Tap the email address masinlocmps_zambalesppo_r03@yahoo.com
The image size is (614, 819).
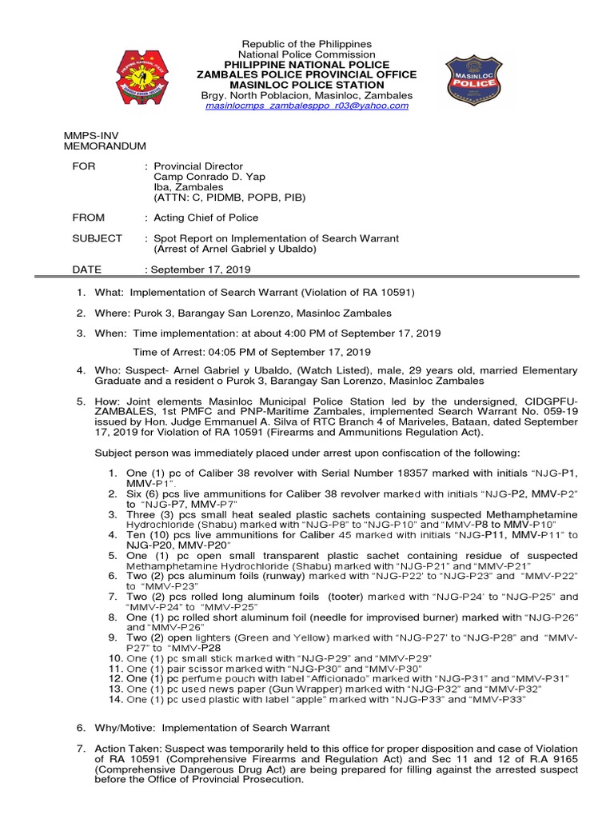pos(307,106)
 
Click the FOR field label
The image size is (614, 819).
pos(83,166)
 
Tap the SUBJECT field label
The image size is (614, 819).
pos(97,238)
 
